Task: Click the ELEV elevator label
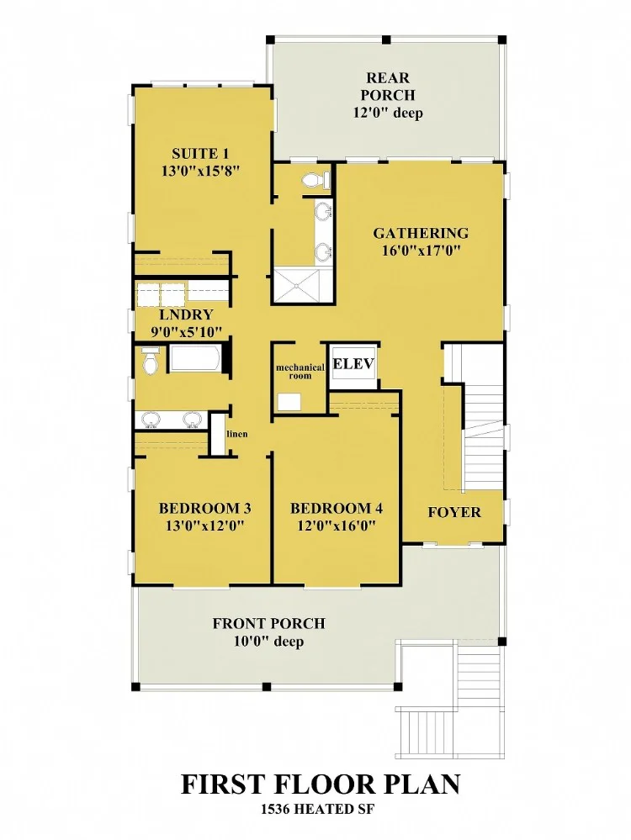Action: (x=353, y=364)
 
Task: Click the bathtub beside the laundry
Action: (x=194, y=358)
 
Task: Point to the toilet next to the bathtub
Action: (x=151, y=359)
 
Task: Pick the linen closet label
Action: (x=237, y=433)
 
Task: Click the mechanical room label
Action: (x=300, y=372)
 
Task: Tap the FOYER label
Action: (x=454, y=512)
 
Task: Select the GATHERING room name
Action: (x=421, y=233)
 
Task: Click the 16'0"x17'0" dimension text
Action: (x=422, y=251)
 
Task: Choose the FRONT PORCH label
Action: (x=268, y=624)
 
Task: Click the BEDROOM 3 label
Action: (x=204, y=508)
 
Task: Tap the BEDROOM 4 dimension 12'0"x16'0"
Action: (x=337, y=525)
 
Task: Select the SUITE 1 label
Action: (x=200, y=154)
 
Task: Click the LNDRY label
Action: (x=186, y=314)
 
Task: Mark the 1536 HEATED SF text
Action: (x=316, y=809)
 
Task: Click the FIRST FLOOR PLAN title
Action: (x=321, y=785)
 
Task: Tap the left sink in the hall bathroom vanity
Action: (x=151, y=420)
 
